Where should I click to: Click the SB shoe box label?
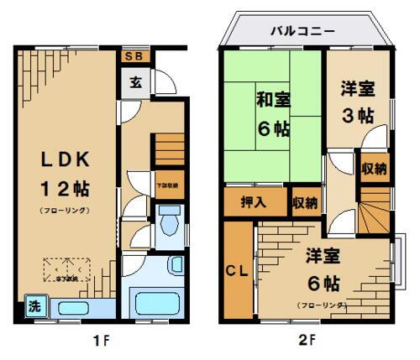click(x=134, y=57)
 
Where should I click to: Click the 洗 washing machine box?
click(x=34, y=304)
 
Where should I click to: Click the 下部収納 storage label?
click(x=167, y=185)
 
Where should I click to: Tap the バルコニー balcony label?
click(x=302, y=31)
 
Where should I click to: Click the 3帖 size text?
click(x=359, y=116)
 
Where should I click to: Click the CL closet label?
click(x=238, y=270)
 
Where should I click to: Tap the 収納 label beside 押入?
click(x=306, y=202)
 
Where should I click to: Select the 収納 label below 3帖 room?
click(x=375, y=170)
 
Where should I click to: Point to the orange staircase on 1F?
click(x=167, y=151)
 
